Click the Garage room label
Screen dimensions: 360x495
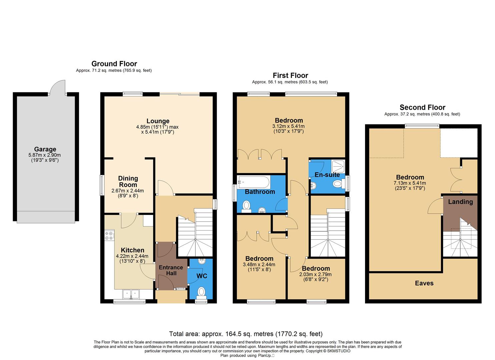(45, 149)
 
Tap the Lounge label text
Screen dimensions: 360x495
(158, 121)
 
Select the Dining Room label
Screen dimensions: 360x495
(128, 182)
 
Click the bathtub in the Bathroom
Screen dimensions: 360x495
(253, 182)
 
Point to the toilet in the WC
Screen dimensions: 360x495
(201, 292)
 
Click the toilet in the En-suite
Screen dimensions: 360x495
(337, 183)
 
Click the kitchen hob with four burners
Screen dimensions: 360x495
(109, 236)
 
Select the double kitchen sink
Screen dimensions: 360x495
(131, 294)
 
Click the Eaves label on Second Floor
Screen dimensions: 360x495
(424, 283)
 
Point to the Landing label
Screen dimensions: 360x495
(460, 202)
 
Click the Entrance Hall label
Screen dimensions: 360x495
(171, 270)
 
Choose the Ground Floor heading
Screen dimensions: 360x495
(114, 64)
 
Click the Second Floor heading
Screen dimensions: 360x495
(422, 107)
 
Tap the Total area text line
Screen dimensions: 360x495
(246, 334)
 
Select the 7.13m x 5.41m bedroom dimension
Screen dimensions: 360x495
(410, 183)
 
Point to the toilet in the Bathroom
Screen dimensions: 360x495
(247, 206)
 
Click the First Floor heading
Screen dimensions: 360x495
(290, 75)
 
